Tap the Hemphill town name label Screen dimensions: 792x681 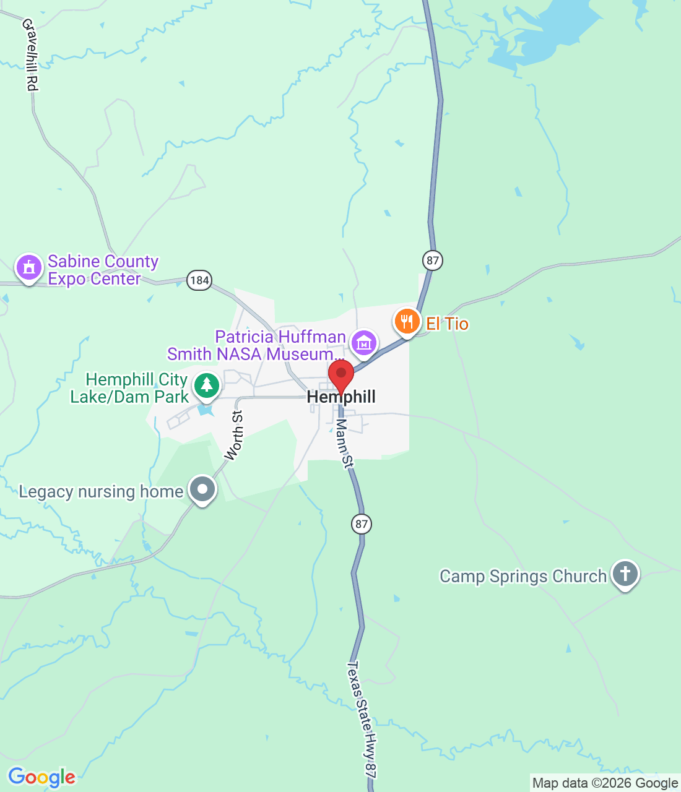click(341, 397)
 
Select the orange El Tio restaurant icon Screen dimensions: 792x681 click(407, 322)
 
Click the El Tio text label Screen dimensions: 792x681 click(447, 324)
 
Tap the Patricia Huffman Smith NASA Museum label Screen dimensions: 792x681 click(256, 345)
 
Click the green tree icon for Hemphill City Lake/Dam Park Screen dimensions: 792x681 click(206, 385)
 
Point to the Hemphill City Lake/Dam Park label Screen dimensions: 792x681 click(129, 388)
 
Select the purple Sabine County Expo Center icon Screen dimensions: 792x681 click(28, 267)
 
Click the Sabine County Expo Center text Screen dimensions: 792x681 click(103, 270)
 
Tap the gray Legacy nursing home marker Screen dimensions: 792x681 click(202, 489)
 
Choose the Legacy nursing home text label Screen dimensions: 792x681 click(101, 492)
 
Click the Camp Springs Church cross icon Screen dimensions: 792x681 click(625, 574)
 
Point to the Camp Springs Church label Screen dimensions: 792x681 click(523, 576)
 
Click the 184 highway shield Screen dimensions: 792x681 click(199, 280)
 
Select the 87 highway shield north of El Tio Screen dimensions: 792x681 click(433, 260)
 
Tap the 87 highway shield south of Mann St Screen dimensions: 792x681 click(362, 524)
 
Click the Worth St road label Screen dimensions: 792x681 click(234, 435)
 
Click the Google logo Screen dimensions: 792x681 click(41, 777)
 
